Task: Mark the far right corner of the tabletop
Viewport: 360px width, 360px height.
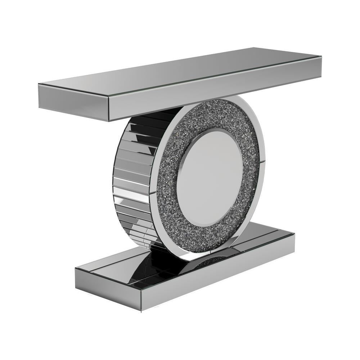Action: tap(320, 57)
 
